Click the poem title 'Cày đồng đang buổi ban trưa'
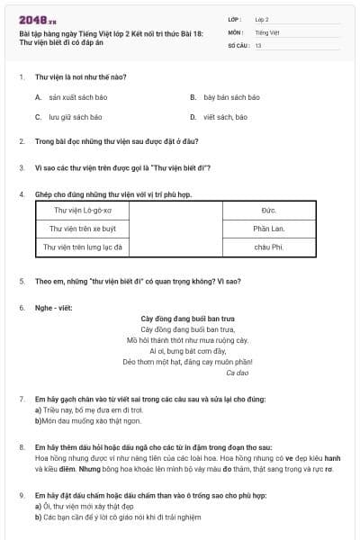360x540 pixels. click(187, 319)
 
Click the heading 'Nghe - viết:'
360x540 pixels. click(52, 308)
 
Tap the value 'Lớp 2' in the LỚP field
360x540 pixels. click(262, 18)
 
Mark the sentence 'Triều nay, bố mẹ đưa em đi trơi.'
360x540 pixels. click(91, 409)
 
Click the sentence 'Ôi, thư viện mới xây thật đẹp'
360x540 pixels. click(88, 506)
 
